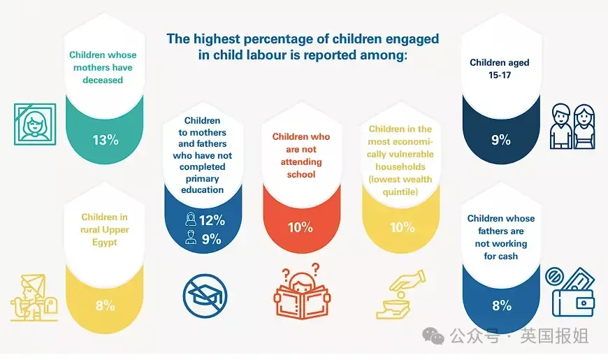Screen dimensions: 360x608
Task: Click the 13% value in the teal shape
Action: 106,140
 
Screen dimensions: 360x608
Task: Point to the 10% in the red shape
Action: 300,227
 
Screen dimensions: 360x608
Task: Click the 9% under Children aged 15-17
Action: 500,140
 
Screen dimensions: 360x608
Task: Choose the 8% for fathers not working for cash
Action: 501,305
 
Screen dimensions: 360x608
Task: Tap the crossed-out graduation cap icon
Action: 205,296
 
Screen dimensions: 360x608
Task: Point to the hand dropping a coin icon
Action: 403,294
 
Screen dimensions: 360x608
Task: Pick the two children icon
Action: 572,126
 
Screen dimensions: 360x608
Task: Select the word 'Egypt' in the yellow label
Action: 105,242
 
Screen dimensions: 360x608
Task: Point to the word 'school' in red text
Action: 301,174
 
